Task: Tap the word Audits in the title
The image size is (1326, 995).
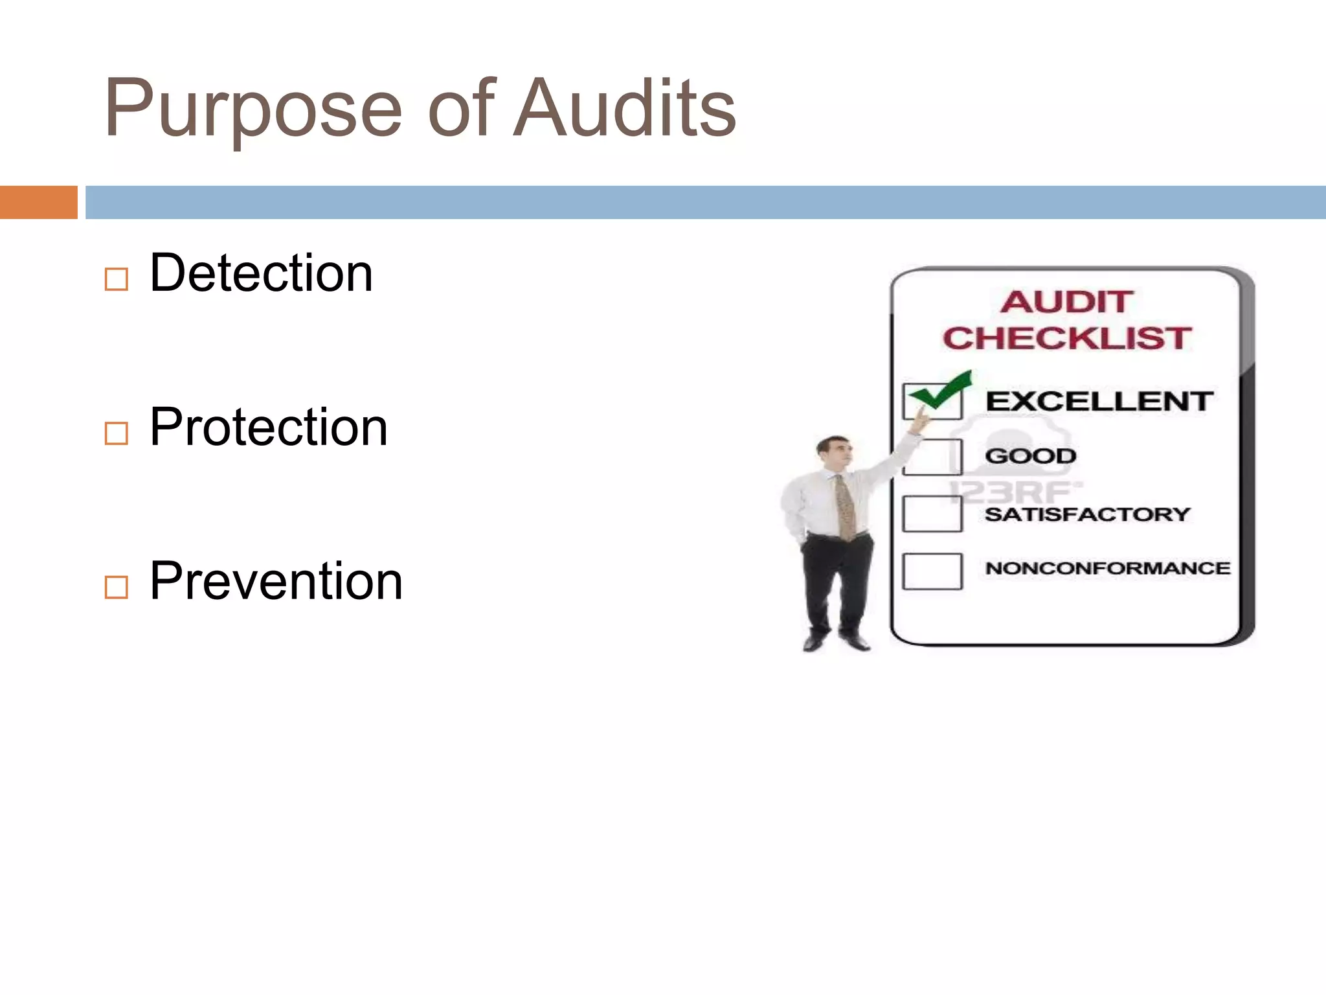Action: pyautogui.click(x=625, y=109)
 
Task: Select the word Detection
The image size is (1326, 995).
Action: pyautogui.click(x=261, y=273)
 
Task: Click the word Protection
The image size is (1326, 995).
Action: pyautogui.click(x=268, y=427)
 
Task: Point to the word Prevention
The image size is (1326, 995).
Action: pyautogui.click(x=276, y=581)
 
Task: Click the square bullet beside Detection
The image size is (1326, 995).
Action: pyautogui.click(x=117, y=280)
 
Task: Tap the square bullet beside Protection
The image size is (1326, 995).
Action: pyautogui.click(x=117, y=433)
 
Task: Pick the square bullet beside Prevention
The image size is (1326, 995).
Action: pyautogui.click(x=117, y=588)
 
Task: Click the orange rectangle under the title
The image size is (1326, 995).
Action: pyautogui.click(x=38, y=202)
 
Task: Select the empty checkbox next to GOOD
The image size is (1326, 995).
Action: pyautogui.click(x=932, y=457)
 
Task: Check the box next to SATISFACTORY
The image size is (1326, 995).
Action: pyautogui.click(x=932, y=514)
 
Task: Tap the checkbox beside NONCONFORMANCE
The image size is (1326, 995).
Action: pyautogui.click(x=932, y=571)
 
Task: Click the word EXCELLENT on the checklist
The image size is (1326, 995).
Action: pyautogui.click(x=1099, y=402)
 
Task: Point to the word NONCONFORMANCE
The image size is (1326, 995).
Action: pyautogui.click(x=1107, y=569)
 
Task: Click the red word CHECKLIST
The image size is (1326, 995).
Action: pyautogui.click(x=1067, y=339)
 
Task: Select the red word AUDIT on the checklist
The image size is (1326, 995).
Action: pyautogui.click(x=1067, y=302)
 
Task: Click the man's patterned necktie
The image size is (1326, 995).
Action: pyautogui.click(x=844, y=509)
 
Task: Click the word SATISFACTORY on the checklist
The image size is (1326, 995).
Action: pyautogui.click(x=1088, y=514)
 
